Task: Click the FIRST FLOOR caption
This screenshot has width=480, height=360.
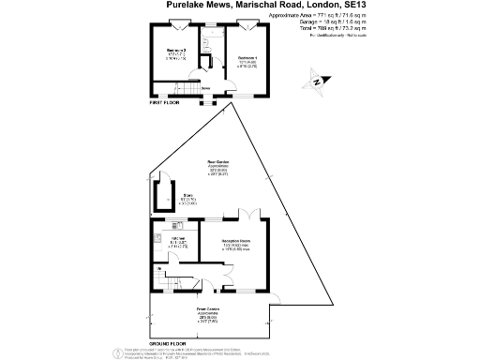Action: (x=165, y=104)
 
